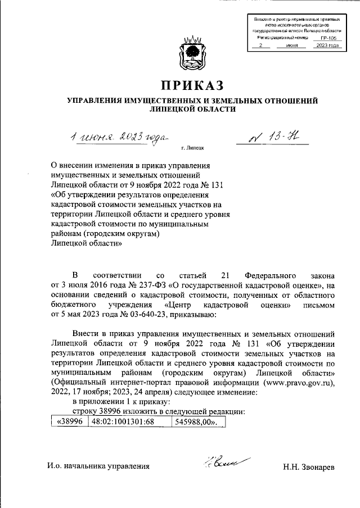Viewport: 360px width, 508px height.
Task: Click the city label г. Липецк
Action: point(192,148)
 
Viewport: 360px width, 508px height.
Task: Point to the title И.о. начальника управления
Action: point(98,466)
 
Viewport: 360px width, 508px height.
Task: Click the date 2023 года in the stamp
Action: point(327,45)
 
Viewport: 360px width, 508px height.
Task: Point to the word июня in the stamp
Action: point(292,45)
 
